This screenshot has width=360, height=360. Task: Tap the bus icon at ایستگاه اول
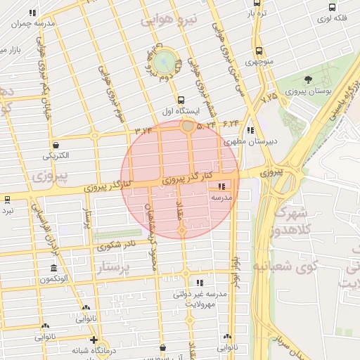pyautogui.click(x=181, y=101)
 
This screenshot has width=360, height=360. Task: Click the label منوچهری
pyautogui.click(x=259, y=62)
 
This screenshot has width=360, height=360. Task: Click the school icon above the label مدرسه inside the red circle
pyautogui.click(x=222, y=187)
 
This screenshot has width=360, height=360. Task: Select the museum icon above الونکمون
pyautogui.click(x=54, y=268)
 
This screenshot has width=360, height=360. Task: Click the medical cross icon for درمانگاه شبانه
pyautogui.click(x=94, y=340)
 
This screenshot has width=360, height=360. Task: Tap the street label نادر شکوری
pyautogui.click(x=116, y=246)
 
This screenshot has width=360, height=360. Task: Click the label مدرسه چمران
pyautogui.click(x=30, y=22)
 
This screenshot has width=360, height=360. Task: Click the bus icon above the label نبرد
pyautogui.click(x=7, y=200)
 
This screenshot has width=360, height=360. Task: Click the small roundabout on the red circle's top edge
pyautogui.click(x=188, y=127)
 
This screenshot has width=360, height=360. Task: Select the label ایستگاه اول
pyautogui.click(x=183, y=111)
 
